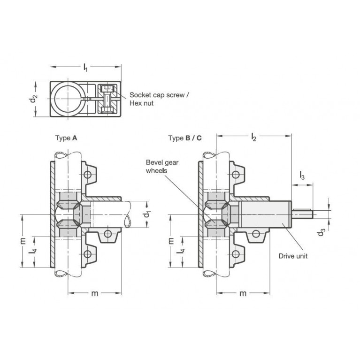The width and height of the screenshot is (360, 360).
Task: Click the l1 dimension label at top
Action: [x=85, y=67]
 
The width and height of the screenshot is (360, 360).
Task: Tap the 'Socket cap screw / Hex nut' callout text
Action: [x=159, y=99]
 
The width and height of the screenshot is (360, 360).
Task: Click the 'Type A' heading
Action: [x=66, y=138]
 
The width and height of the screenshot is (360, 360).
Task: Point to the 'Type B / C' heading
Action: [x=185, y=138]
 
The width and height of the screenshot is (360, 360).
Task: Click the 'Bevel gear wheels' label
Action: [x=162, y=167]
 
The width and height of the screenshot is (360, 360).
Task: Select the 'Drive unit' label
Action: [x=293, y=256]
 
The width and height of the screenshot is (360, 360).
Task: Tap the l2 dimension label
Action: [x=254, y=137]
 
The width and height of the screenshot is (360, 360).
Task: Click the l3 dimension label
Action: [x=302, y=176]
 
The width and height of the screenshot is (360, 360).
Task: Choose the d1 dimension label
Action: [x=146, y=214]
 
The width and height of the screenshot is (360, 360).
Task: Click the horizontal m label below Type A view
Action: [x=95, y=293]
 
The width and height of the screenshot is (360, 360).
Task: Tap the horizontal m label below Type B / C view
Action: [x=243, y=293]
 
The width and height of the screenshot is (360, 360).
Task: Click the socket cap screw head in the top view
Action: [x=107, y=88]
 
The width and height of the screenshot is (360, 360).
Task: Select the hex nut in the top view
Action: [x=107, y=110]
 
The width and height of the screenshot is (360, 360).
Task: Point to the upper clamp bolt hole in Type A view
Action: [x=87, y=175]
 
